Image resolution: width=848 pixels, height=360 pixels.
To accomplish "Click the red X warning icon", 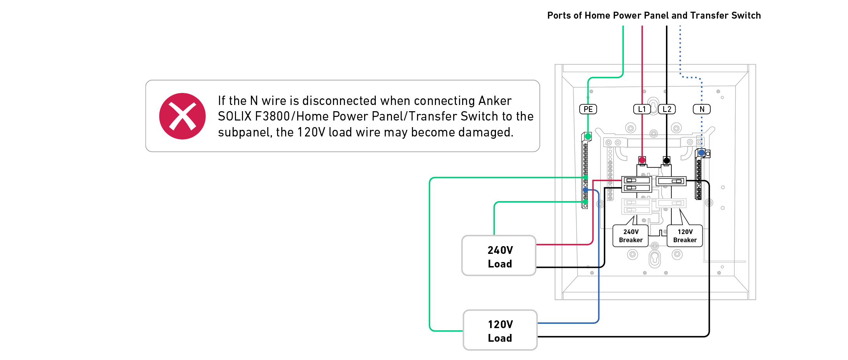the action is (x=182, y=116).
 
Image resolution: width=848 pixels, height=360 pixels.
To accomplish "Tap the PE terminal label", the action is (x=588, y=109).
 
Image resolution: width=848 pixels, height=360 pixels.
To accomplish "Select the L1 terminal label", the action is (x=642, y=109).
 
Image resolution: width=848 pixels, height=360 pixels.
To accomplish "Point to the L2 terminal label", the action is (x=667, y=109).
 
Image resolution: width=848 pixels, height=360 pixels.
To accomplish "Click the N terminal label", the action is (x=702, y=109).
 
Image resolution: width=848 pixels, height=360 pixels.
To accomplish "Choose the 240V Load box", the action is (x=499, y=255).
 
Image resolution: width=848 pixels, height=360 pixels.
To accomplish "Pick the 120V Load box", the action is (x=500, y=330).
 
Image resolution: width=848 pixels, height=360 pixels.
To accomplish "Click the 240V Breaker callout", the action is (x=631, y=236).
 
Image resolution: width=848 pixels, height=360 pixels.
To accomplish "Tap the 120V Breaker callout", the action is (x=685, y=236).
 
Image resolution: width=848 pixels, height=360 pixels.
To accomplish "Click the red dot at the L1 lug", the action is (x=642, y=160).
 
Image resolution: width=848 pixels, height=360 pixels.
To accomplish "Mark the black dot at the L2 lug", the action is (x=667, y=160).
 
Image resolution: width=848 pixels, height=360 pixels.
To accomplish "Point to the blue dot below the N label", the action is (x=701, y=153).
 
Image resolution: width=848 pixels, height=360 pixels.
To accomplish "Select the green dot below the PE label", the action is (x=588, y=136).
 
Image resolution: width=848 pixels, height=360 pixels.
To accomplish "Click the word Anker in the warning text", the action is (x=495, y=101).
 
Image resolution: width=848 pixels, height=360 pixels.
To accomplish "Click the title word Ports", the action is (x=559, y=16).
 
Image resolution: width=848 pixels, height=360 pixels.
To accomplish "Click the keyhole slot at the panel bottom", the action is (x=655, y=259).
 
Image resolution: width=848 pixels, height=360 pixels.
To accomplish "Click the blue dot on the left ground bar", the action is (x=585, y=190).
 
